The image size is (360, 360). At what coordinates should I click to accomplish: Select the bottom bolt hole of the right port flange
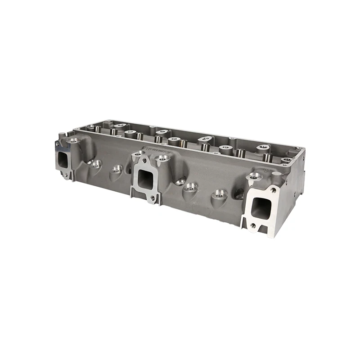253,226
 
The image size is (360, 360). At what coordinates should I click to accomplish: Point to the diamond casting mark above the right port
265,171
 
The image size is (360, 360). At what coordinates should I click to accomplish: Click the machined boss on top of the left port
72,140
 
